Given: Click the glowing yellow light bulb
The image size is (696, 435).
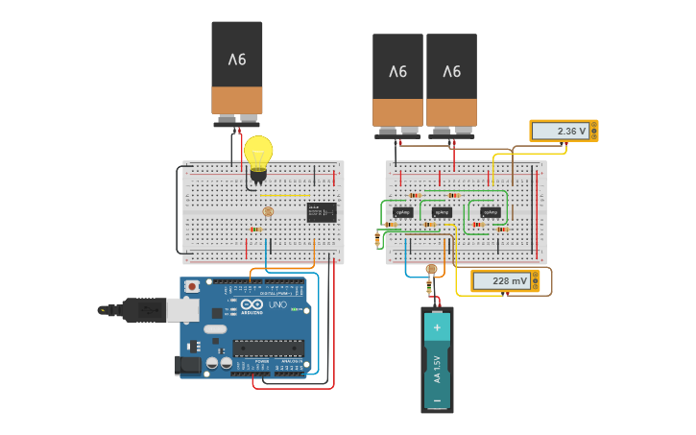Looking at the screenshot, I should (x=258, y=154).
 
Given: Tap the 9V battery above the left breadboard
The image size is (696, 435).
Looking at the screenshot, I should (x=237, y=72).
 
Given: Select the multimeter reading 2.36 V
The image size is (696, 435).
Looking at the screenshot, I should (x=564, y=131).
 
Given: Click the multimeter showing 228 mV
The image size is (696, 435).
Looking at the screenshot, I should (x=505, y=280).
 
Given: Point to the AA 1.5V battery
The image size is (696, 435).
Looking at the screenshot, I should (x=437, y=360).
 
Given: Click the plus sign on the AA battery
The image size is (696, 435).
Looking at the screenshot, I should (x=437, y=326).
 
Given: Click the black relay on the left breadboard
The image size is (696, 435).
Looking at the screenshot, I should (x=322, y=212).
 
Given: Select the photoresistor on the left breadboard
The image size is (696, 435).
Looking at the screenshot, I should (x=268, y=211).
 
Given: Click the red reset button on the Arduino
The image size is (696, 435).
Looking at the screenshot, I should (x=192, y=286).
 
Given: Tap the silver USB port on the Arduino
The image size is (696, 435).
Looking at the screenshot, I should (x=182, y=309).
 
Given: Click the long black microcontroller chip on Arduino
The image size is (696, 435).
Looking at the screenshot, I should (x=268, y=348).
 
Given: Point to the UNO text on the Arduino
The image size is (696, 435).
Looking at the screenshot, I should (x=277, y=304).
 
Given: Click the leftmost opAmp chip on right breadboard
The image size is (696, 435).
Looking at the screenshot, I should (x=403, y=212).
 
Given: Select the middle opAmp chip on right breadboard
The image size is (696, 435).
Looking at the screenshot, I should (x=442, y=212).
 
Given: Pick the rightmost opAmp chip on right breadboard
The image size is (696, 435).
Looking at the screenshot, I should (x=491, y=212).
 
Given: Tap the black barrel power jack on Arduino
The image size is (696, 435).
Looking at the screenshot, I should (x=188, y=364).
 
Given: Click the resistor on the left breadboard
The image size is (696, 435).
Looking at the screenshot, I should (x=255, y=230).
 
